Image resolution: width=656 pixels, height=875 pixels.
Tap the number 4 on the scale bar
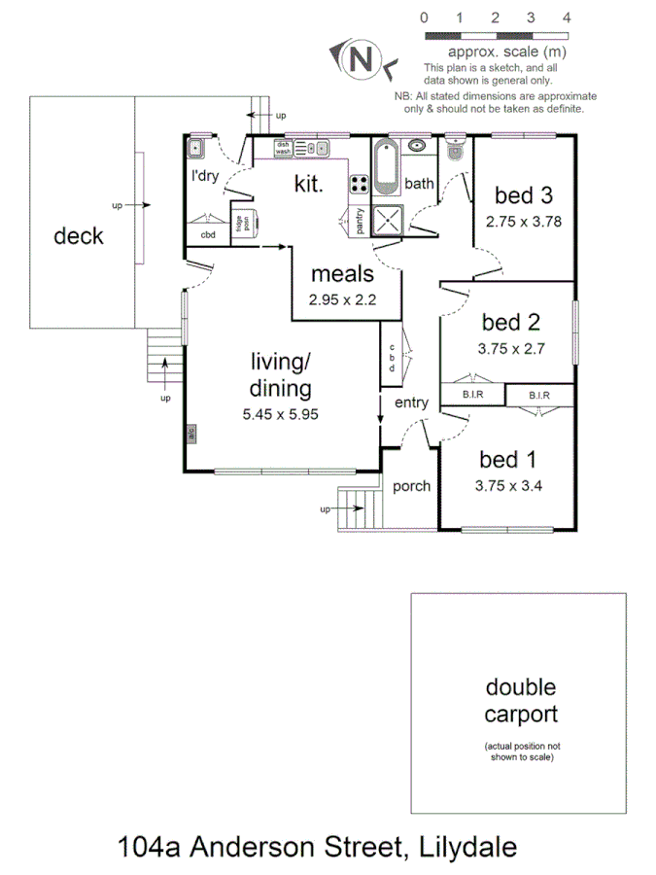point(567,17)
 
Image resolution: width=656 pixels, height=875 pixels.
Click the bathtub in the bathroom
point(385,164)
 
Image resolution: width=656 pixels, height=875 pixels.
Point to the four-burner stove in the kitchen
point(359,184)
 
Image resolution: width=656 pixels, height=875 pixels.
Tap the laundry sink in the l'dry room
point(195,148)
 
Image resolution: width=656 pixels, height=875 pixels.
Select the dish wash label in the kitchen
point(283,148)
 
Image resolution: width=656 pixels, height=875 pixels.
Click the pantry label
point(359,221)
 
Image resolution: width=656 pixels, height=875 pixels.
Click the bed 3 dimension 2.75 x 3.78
point(524,221)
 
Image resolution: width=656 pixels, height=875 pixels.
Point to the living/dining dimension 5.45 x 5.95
point(282,413)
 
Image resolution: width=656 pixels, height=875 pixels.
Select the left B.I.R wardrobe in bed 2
point(472,395)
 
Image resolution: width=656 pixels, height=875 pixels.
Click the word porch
point(412,486)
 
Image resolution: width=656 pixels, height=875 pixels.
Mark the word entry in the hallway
point(411,402)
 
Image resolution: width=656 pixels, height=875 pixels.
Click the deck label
point(79,235)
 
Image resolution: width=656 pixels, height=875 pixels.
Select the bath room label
point(419,183)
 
